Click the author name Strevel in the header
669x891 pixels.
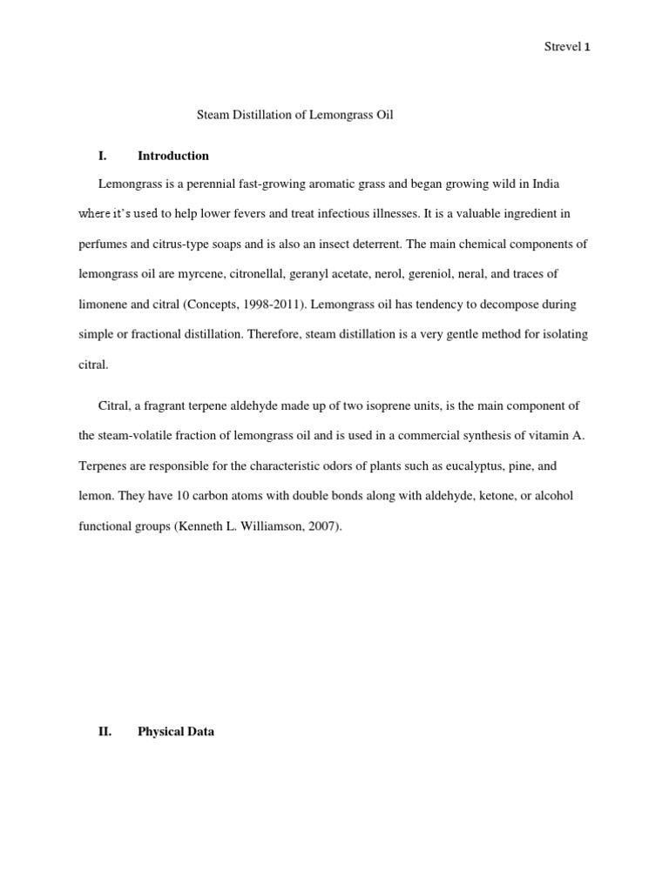(x=562, y=48)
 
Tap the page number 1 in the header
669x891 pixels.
(x=587, y=48)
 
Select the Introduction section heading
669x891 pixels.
(x=173, y=156)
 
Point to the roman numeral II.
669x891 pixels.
(x=105, y=732)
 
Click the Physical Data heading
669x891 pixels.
(x=176, y=732)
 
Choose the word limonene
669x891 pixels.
(x=104, y=305)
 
